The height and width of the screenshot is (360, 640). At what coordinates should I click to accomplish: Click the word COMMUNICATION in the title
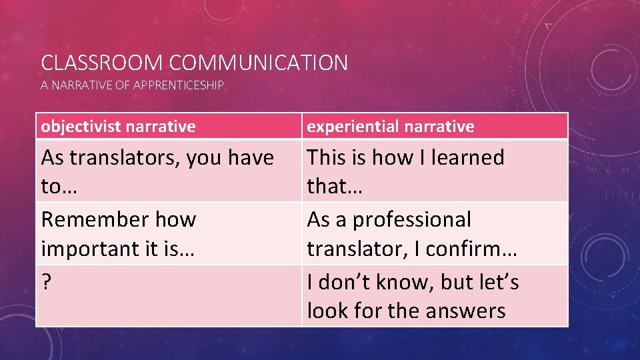click(x=258, y=63)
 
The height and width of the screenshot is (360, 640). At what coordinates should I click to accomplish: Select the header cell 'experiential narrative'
click(x=435, y=126)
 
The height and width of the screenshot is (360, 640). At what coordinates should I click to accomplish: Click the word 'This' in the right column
click(x=325, y=158)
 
